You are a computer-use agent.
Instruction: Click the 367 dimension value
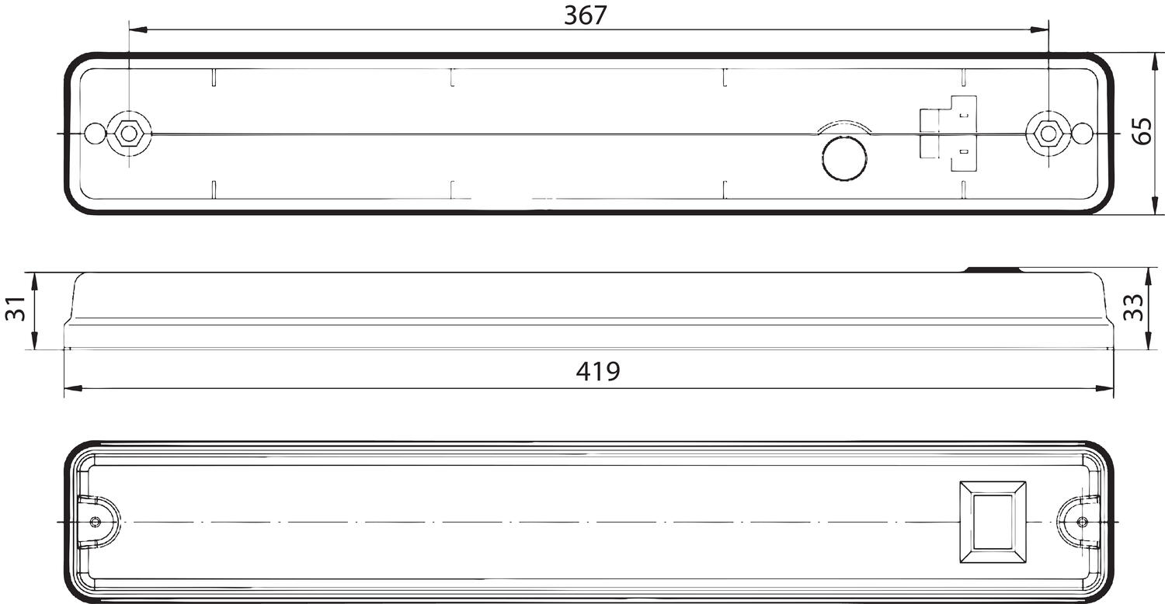[585, 15]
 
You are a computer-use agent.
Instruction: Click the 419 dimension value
[598, 372]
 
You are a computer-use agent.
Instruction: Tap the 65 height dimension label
[1141, 132]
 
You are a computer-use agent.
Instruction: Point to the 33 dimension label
[1133, 307]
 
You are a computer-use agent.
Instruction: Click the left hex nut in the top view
[129, 134]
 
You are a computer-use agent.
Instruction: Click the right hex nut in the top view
[1048, 134]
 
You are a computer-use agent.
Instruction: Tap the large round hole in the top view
[843, 158]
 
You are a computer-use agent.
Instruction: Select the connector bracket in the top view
[948, 133]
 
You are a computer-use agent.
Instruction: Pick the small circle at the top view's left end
[93, 134]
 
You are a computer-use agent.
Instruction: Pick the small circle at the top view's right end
[1082, 134]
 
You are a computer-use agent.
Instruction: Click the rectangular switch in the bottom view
[993, 521]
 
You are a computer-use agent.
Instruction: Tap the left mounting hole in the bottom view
[96, 521]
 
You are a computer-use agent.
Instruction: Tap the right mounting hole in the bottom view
[1082, 521]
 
